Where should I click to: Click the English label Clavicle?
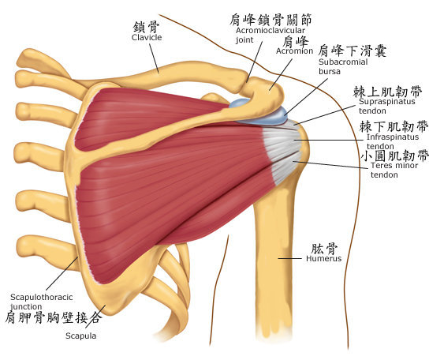pos(147,37)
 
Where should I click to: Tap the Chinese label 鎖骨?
pos(147,27)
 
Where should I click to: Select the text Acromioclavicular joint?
pos(270,35)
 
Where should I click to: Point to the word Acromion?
pos(294,51)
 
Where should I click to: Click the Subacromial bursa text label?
pos(343,66)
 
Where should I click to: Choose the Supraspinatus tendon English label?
pos(387,106)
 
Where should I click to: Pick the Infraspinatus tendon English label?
pos(393,141)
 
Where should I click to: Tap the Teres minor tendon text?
pos(394,170)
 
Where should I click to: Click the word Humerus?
pos(323,258)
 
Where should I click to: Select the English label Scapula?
pos(81,336)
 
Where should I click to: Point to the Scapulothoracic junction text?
pos(42,302)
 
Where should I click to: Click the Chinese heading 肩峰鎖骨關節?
pos(270,20)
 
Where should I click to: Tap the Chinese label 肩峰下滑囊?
pos(353,51)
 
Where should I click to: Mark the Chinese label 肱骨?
pos(324,248)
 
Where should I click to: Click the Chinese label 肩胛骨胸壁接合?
pos(54,318)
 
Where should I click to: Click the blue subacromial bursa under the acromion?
pos(263,115)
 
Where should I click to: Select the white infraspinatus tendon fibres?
pos(282,141)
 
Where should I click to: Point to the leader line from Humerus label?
pos(289,258)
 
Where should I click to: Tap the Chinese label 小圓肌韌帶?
pos(394,156)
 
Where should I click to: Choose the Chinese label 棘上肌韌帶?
pos(387,92)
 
